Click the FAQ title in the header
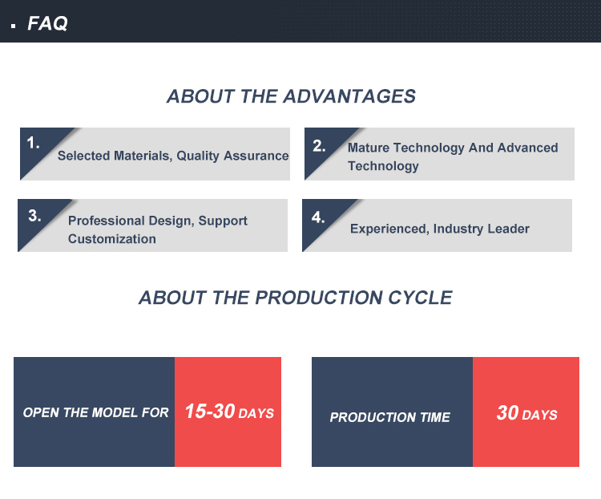coord(47,23)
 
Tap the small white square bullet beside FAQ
coord(14,26)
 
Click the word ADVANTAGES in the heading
coord(349,96)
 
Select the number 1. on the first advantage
coord(34,143)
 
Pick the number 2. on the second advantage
coord(319,146)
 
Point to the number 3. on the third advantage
coord(34,216)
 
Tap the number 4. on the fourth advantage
coord(318,217)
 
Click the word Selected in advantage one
coord(83,156)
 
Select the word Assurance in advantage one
coord(256,156)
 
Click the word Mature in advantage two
coord(369,148)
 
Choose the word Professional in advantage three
coord(106,221)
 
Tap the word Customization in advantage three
coord(112,239)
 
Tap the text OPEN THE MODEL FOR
coord(96,412)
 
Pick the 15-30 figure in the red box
coord(210,411)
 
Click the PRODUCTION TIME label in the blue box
coord(389,417)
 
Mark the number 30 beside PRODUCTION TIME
coord(507,413)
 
